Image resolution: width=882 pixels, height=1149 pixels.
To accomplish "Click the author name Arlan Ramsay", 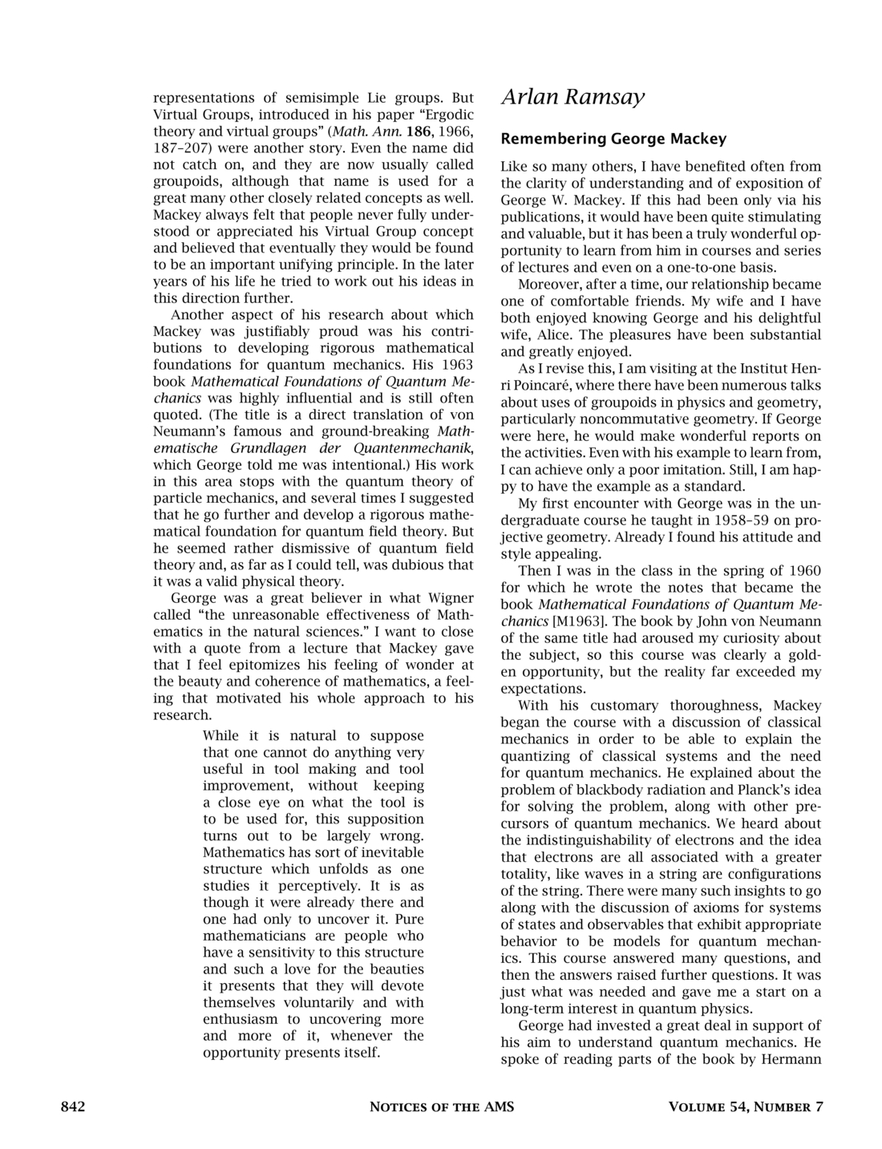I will (572, 98).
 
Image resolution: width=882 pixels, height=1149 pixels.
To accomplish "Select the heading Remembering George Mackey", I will (613, 139).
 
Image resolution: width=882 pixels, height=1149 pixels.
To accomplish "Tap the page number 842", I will (73, 1107).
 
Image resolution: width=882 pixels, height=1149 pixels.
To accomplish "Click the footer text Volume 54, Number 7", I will (746, 1107).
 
